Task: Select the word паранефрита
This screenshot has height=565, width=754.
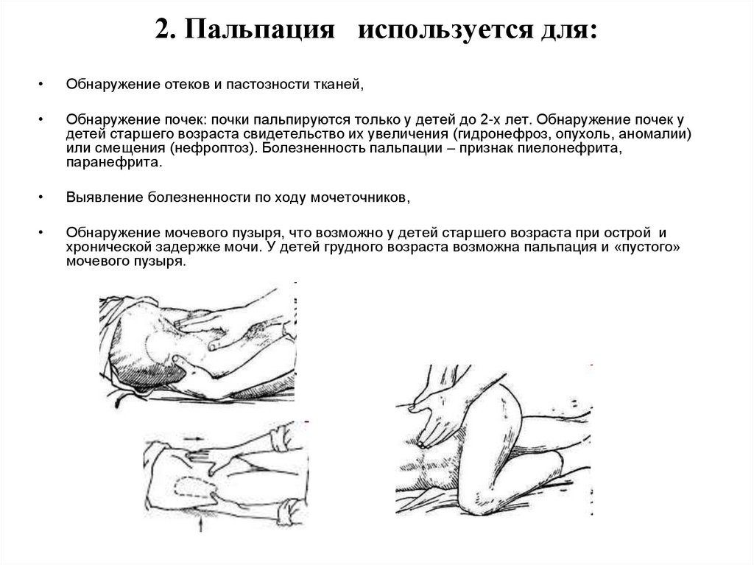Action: click(x=113, y=160)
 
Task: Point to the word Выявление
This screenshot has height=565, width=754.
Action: click(x=102, y=197)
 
